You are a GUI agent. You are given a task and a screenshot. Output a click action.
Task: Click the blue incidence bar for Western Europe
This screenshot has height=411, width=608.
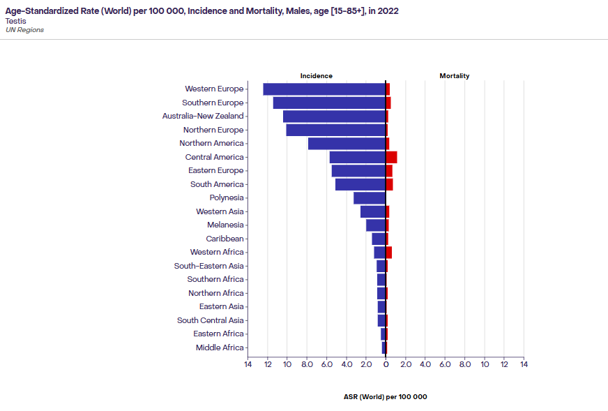[x=324, y=89]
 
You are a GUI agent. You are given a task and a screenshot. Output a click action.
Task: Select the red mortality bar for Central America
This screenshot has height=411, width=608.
[x=391, y=157]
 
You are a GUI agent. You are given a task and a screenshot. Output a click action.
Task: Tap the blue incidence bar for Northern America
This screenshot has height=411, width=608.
[x=347, y=144]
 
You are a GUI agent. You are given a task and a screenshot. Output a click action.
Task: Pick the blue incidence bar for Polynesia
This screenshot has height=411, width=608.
[x=370, y=198]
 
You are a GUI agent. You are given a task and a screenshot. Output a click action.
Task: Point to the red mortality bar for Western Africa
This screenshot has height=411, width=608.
[x=388, y=253]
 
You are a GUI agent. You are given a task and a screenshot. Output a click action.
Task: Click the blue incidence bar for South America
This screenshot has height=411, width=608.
[x=360, y=184]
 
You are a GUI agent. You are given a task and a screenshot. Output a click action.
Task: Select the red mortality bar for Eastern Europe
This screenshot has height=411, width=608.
[x=389, y=171]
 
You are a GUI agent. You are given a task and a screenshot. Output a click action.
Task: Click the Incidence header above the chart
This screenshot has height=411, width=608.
[x=317, y=76]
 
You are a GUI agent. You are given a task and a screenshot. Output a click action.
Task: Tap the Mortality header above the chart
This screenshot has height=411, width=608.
[x=455, y=76]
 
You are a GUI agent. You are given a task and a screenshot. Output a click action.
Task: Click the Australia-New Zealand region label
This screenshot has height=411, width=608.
[x=203, y=117]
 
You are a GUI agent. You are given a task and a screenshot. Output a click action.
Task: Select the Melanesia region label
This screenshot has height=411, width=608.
[x=225, y=225]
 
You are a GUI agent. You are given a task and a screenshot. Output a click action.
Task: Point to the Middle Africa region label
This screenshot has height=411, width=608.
[x=220, y=348]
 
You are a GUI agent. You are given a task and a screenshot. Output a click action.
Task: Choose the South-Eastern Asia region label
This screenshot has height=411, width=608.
[x=209, y=266]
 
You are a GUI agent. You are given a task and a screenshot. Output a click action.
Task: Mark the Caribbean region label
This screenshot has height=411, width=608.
[x=225, y=239]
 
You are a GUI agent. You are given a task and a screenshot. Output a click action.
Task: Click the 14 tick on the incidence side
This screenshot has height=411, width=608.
[x=248, y=364]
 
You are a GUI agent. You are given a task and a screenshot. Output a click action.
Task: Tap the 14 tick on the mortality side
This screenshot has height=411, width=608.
[x=524, y=364]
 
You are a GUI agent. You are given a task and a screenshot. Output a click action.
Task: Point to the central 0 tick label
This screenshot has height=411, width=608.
[x=386, y=364]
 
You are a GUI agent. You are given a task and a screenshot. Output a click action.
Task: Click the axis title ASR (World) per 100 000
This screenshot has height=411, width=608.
[x=386, y=397]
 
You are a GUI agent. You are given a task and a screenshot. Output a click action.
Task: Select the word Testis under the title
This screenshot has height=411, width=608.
[x=16, y=21]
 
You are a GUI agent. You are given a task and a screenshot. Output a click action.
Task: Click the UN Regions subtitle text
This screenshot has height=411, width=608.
[x=24, y=30]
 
